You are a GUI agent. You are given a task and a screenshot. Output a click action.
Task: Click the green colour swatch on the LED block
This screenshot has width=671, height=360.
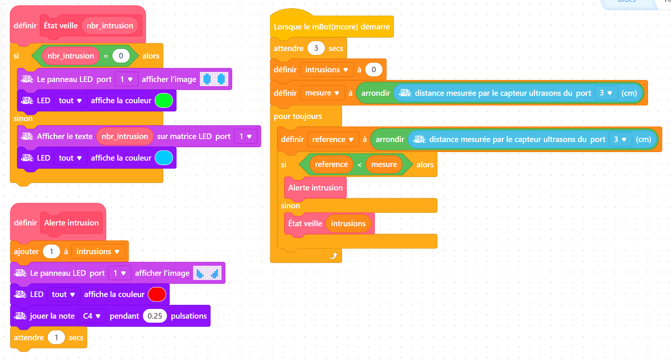164,101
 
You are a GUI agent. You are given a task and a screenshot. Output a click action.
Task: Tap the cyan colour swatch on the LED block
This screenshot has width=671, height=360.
164,158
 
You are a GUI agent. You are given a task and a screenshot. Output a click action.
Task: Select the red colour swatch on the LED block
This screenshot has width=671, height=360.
157,294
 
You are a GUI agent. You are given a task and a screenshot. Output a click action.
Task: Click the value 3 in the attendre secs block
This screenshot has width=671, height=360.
316,48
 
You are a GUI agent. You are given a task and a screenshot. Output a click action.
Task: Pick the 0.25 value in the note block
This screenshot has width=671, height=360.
155,316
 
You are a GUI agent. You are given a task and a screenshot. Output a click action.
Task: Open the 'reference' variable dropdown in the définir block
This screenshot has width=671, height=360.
333,139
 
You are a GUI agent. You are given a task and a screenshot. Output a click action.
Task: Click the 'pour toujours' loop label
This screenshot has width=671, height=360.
298,116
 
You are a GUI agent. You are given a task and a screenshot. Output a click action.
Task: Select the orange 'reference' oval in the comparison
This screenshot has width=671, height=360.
331,164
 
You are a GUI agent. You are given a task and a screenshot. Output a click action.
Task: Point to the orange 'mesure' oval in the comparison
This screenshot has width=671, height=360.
384,164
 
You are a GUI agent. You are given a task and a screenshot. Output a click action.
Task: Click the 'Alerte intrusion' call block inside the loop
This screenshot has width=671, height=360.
315,188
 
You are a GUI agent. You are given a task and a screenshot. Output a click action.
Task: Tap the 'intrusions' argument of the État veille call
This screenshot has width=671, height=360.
348,224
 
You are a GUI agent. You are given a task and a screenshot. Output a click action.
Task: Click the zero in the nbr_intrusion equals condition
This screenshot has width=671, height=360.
121,56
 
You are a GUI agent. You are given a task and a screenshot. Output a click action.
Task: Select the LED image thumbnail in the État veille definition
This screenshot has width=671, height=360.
214,79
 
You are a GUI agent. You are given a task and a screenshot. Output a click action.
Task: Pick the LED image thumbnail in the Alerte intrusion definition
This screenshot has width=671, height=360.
207,273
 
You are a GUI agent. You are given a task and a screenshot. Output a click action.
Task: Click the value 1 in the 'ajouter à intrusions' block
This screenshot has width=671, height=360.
51,252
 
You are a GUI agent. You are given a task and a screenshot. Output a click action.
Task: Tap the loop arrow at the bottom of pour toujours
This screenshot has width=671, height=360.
334,256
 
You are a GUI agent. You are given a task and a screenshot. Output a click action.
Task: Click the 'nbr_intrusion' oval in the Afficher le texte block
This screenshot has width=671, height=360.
125,136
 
